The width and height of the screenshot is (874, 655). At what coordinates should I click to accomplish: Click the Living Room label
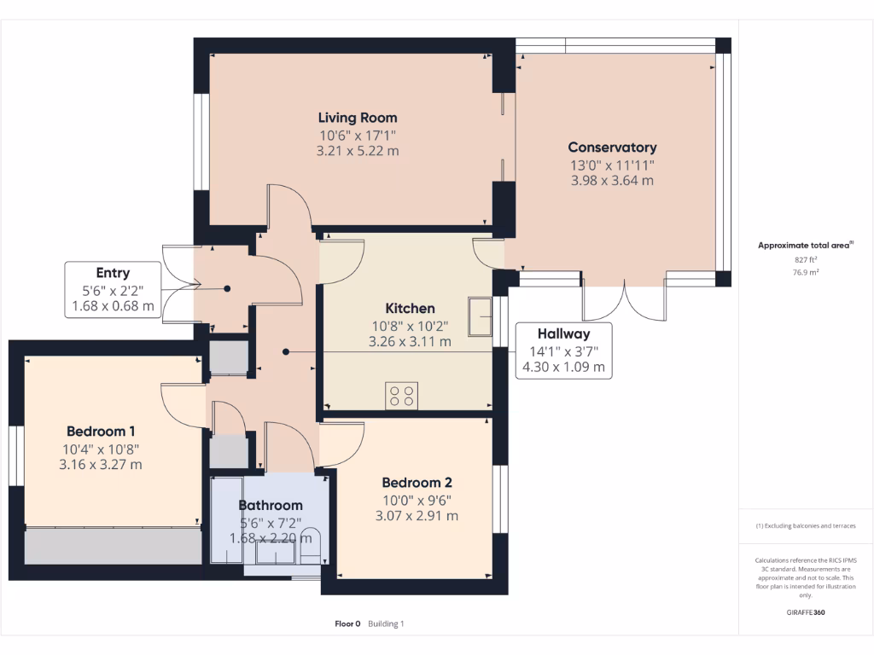pos(358,118)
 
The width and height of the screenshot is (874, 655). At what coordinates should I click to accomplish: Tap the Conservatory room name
pos(612,148)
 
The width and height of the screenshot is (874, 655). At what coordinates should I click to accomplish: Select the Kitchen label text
pos(410,308)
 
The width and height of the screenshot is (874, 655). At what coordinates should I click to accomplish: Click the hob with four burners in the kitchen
pos(403,396)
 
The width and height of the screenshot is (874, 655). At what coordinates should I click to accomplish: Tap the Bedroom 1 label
pos(101,432)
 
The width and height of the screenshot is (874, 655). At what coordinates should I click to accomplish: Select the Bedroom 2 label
pos(417,483)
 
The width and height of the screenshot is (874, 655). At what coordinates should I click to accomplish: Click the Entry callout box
pos(113,290)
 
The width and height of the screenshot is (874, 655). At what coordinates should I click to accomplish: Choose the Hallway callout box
pos(563,351)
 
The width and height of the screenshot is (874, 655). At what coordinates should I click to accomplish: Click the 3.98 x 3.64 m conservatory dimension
pos(612,180)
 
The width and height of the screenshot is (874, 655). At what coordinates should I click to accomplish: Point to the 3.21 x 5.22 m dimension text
pos(358,151)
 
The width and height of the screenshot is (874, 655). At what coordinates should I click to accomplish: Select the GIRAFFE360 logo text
pos(806,612)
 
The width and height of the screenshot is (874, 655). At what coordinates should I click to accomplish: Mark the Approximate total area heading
pos(805,246)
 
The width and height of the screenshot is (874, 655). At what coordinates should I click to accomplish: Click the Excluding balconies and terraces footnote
pos(806,526)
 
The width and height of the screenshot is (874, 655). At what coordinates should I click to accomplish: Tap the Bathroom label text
pos(271,505)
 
